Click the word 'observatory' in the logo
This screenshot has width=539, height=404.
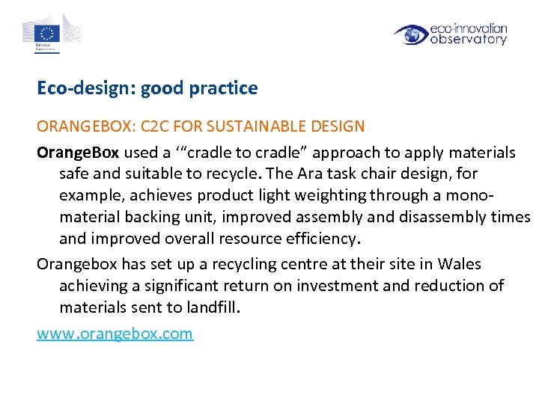[x=469, y=40]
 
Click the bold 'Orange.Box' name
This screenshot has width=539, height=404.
[x=78, y=153]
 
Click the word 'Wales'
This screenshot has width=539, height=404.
[x=459, y=263]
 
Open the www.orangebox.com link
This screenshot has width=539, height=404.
[x=115, y=333]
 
